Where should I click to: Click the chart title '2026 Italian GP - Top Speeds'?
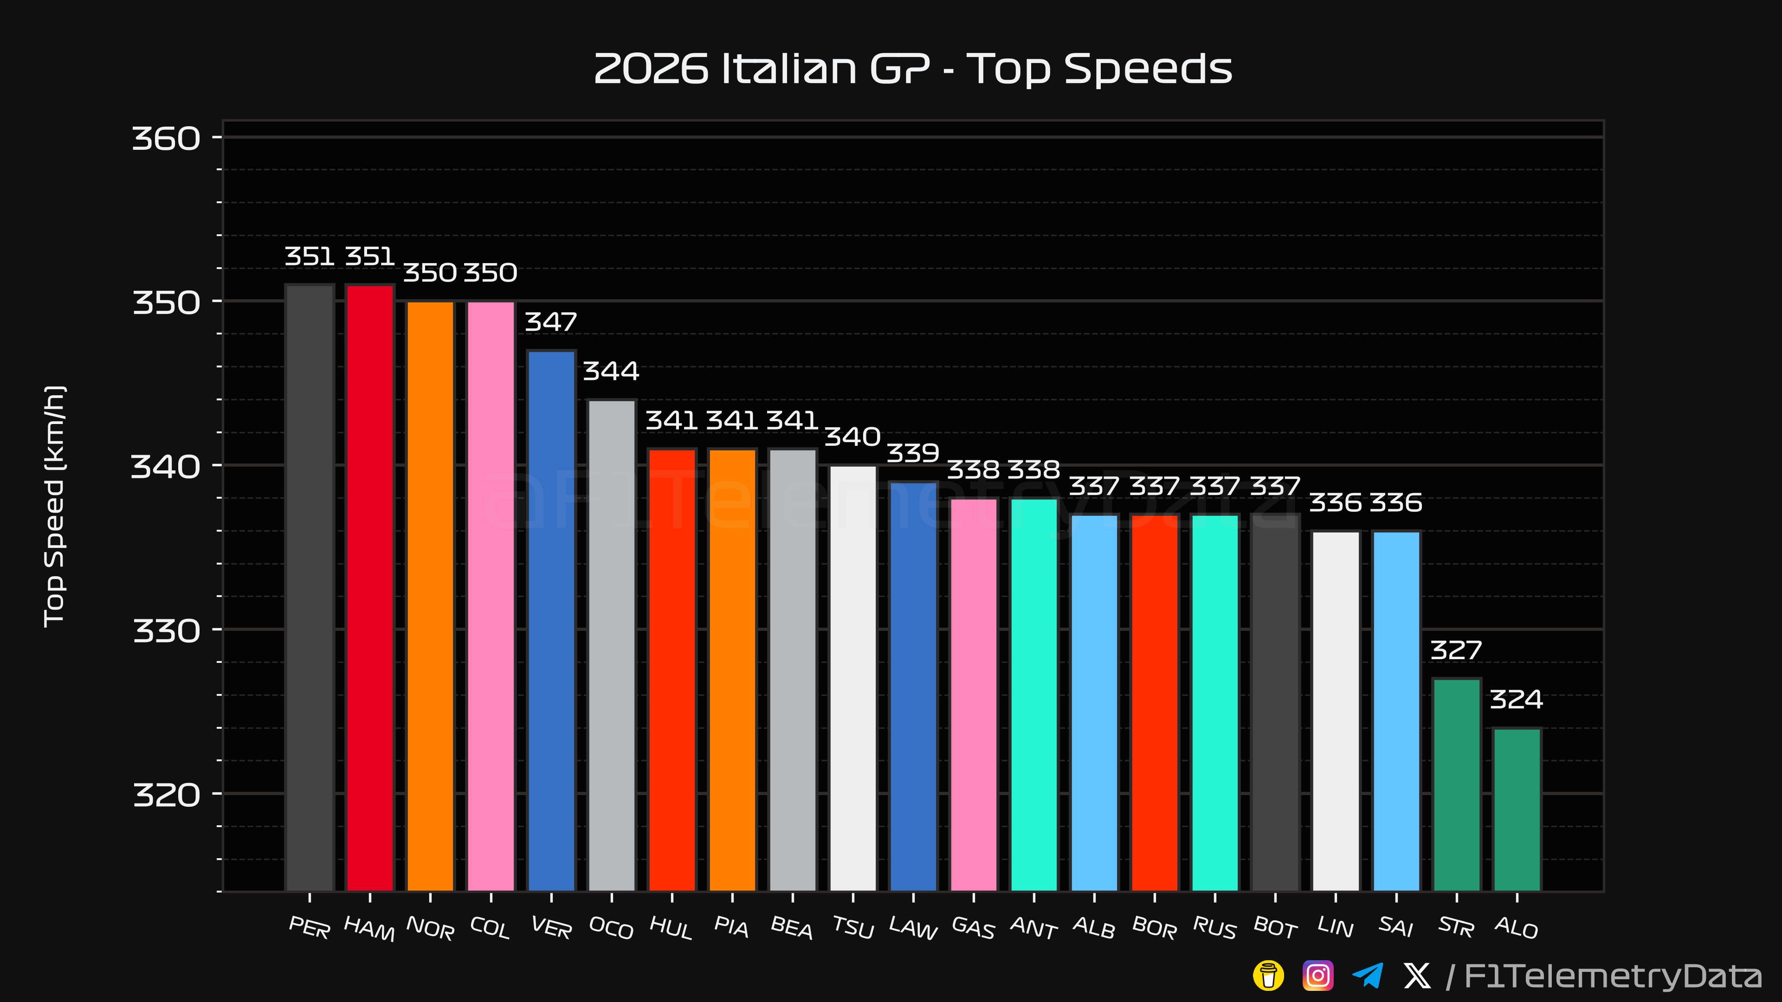tap(913, 69)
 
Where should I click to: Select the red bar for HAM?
tap(370, 588)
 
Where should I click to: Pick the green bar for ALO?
tap(1517, 810)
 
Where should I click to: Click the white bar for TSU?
tap(853, 678)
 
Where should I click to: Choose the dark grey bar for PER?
tap(309, 588)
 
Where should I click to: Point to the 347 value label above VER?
tap(551, 322)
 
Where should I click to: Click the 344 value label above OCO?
tap(611, 371)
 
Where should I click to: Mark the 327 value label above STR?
tap(1456, 651)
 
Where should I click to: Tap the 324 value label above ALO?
tap(1517, 700)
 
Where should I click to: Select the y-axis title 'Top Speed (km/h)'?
tap(54, 506)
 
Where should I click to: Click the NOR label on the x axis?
tap(430, 928)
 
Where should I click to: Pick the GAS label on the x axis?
tap(973, 928)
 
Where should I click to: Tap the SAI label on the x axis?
tap(1396, 927)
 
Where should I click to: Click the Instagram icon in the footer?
tap(1318, 976)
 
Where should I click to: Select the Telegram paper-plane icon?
tap(1368, 976)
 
